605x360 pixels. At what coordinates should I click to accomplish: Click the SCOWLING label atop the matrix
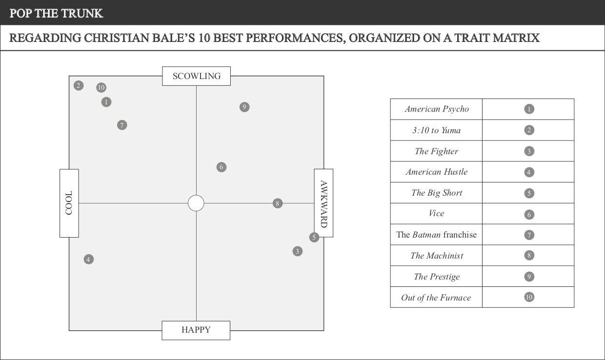(x=196, y=76)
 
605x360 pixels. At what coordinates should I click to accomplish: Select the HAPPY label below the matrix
(x=196, y=330)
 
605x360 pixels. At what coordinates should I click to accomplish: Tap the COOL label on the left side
(x=69, y=203)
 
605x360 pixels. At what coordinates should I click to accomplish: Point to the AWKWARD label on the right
(x=323, y=203)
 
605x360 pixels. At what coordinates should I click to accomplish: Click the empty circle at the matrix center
(x=196, y=203)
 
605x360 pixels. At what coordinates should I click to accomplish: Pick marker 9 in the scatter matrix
(x=244, y=107)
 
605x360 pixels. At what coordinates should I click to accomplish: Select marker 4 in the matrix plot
(x=88, y=259)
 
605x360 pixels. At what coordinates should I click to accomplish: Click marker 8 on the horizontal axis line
(x=278, y=203)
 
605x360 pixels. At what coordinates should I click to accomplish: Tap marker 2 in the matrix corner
(x=78, y=86)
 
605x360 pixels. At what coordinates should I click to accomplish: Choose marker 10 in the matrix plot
(x=101, y=88)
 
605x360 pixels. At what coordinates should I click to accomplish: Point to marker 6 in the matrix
(x=221, y=167)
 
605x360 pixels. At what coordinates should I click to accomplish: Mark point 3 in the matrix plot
(x=297, y=251)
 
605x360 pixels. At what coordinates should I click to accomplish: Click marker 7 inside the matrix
(x=122, y=125)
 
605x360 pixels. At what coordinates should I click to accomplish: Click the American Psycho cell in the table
(x=436, y=109)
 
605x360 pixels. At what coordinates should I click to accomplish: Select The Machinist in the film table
(x=436, y=256)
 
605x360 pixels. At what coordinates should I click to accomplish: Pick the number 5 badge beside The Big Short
(x=529, y=193)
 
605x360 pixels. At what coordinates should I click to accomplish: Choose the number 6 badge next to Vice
(x=529, y=214)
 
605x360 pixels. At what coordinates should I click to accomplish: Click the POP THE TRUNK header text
(x=56, y=13)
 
